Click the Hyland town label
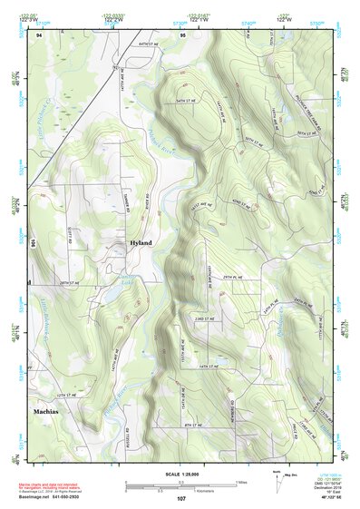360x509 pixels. pyautogui.click(x=141, y=244)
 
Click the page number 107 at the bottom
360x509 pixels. pyautogui.click(x=181, y=498)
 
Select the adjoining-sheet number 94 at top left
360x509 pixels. pyautogui.click(x=39, y=34)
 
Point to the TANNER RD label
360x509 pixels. pyautogui.click(x=125, y=205)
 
